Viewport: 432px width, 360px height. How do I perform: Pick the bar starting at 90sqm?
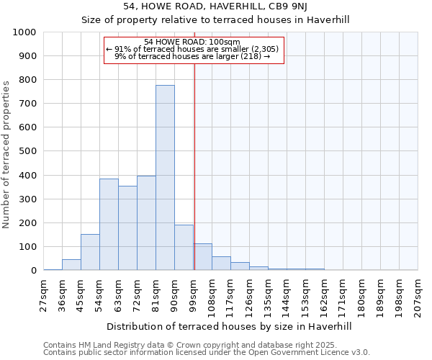(184, 248)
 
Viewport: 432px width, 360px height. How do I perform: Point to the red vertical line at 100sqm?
(194, 166)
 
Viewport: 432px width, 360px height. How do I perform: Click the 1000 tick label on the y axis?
(24, 32)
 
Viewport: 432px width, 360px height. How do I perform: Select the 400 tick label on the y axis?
(27, 175)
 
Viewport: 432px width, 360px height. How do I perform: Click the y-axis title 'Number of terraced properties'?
(7, 154)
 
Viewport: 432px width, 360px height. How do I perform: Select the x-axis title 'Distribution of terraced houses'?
(229, 326)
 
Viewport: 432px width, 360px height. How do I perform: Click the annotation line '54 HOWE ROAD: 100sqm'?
(192, 42)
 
